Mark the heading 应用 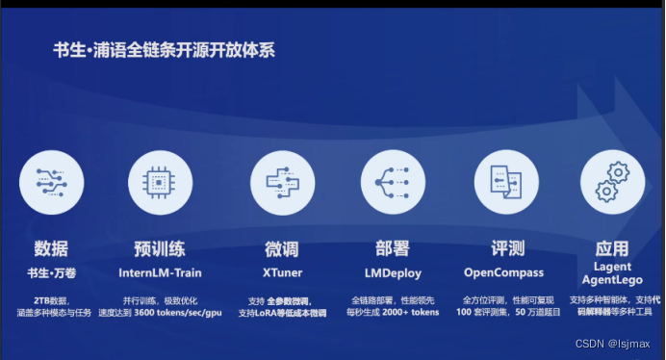coord(612,249)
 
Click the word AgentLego coord(612,280)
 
